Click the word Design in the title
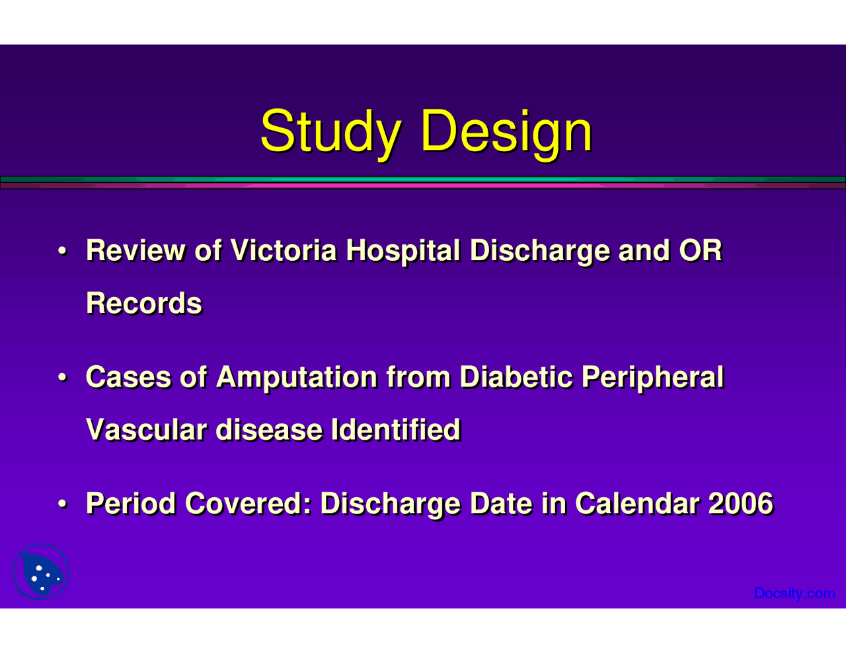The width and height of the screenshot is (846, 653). (x=506, y=131)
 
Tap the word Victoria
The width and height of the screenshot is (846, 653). (x=284, y=251)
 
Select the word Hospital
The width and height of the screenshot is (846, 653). (x=403, y=251)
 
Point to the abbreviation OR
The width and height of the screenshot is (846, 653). (x=701, y=251)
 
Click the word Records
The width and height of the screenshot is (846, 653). (x=144, y=304)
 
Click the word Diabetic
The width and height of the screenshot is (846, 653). (x=516, y=378)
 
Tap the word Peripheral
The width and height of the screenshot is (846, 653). (x=652, y=378)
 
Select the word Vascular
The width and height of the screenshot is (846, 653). (x=147, y=430)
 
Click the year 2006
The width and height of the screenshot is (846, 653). (x=740, y=504)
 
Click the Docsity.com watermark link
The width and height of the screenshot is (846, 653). (x=794, y=594)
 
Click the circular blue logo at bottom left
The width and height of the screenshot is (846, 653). (x=41, y=572)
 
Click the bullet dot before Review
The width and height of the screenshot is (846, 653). (x=61, y=252)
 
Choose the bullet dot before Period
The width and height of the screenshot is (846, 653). (x=61, y=504)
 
